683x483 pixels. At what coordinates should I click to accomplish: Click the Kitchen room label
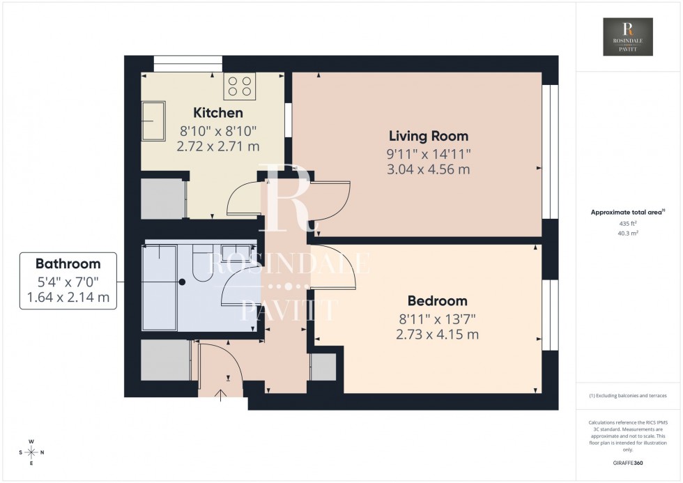pos(218,113)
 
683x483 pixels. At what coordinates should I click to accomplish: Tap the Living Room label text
pos(428,136)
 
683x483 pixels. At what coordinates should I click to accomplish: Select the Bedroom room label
pos(437,301)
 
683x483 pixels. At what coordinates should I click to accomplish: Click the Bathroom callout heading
pos(68,264)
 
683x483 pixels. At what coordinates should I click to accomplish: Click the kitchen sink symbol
pos(154,121)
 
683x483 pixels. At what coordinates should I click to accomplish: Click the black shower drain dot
pos(181,282)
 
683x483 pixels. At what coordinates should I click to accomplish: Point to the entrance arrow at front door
pos(222,396)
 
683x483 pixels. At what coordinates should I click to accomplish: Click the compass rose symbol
pos(31,452)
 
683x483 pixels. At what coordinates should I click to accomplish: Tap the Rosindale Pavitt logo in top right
pos(628,37)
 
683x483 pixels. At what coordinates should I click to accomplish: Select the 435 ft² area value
pos(628,223)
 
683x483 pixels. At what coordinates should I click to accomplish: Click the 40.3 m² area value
pos(628,233)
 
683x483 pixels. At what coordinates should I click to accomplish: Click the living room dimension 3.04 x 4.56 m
pos(428,169)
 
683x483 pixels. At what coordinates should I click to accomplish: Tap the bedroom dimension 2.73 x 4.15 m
pos(437,335)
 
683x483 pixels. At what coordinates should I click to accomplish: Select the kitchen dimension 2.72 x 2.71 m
pos(218,146)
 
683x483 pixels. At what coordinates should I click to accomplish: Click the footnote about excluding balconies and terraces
pos(628,395)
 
